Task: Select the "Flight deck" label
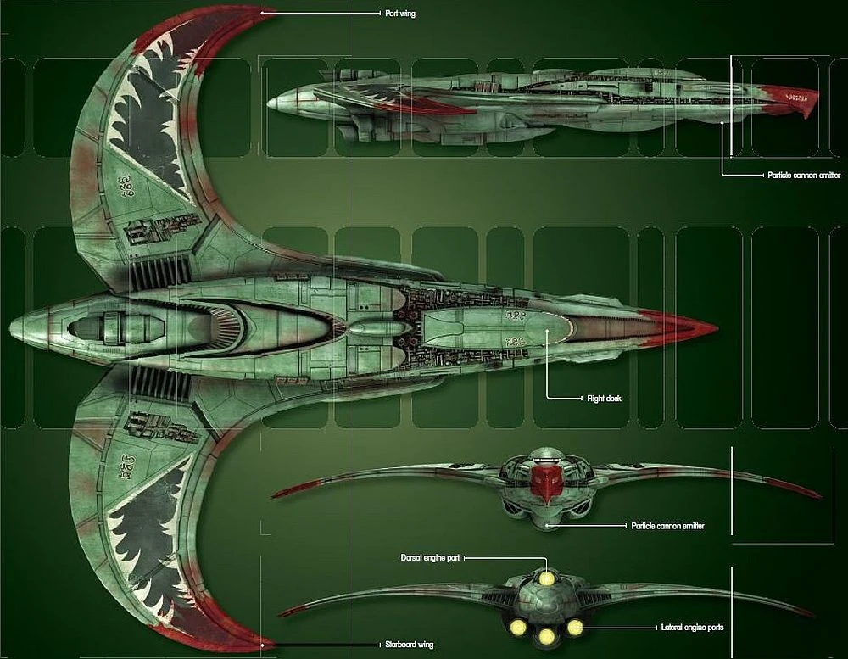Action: [x=605, y=398]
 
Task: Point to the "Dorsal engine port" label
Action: [x=430, y=558]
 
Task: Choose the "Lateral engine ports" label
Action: [x=692, y=628]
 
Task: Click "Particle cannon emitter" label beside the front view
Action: [x=667, y=527]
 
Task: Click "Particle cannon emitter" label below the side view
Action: [x=803, y=175]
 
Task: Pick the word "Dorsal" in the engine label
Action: [x=413, y=558]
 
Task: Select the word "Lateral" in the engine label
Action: [x=672, y=628]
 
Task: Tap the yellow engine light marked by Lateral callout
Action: [x=574, y=628]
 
